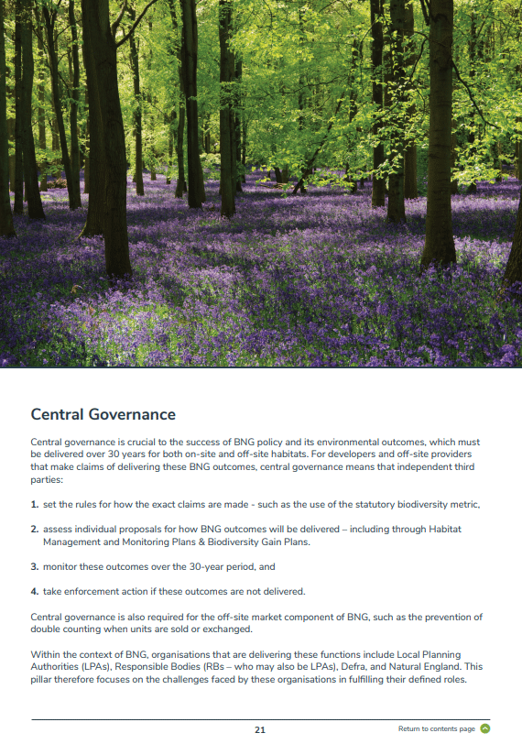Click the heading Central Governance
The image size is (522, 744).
click(103, 415)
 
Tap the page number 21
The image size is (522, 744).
click(260, 729)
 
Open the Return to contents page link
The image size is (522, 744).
click(437, 729)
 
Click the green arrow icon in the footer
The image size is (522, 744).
click(485, 729)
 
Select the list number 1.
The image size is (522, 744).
click(34, 505)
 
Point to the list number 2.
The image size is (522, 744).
click(34, 530)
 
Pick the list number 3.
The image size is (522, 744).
click(34, 567)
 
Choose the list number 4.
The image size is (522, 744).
click(34, 591)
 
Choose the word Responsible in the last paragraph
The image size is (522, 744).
click(149, 667)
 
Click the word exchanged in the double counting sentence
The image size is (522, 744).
click(222, 629)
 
